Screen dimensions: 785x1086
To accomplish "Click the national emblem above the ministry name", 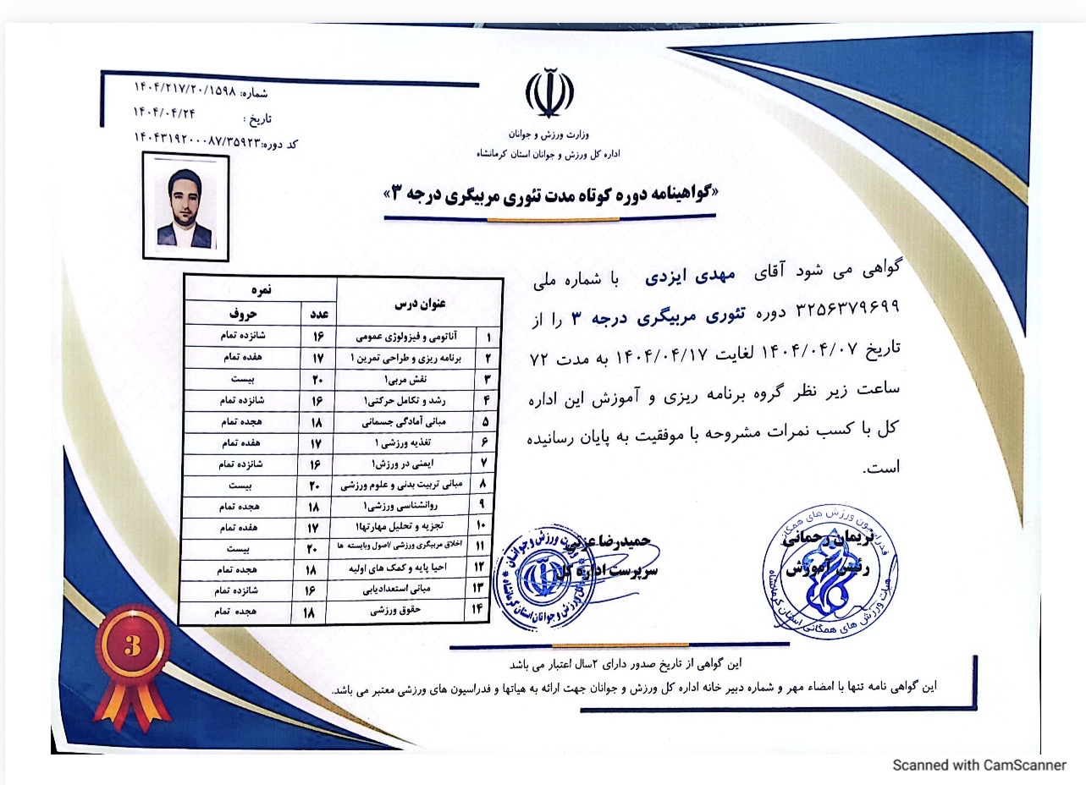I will pyautogui.click(x=549, y=94).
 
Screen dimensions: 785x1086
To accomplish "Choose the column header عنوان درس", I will pyautogui.click(x=418, y=302).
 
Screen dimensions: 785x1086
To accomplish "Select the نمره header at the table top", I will pyautogui.click(x=261, y=288).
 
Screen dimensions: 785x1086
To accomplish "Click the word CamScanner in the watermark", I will pyautogui.click(x=1026, y=765).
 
